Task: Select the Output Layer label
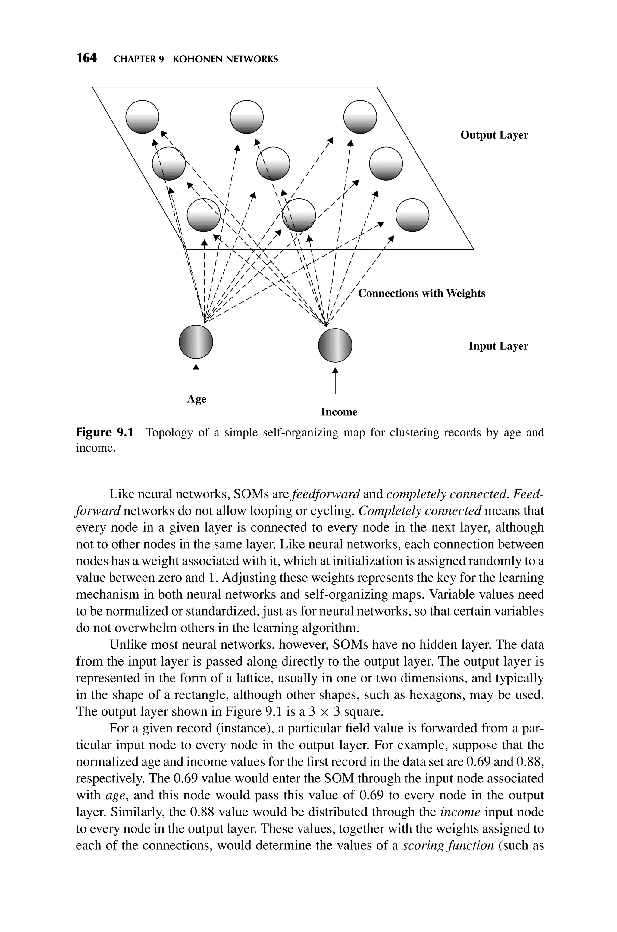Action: tap(494, 135)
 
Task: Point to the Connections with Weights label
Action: tap(421, 293)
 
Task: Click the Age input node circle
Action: tap(196, 342)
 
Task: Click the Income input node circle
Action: tap(335, 345)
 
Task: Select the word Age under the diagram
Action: tap(196, 399)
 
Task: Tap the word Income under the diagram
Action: tap(339, 412)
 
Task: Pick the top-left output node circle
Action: tap(142, 117)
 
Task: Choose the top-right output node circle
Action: tap(360, 117)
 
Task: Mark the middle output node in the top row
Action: tap(247, 117)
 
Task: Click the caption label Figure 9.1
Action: tap(104, 433)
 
